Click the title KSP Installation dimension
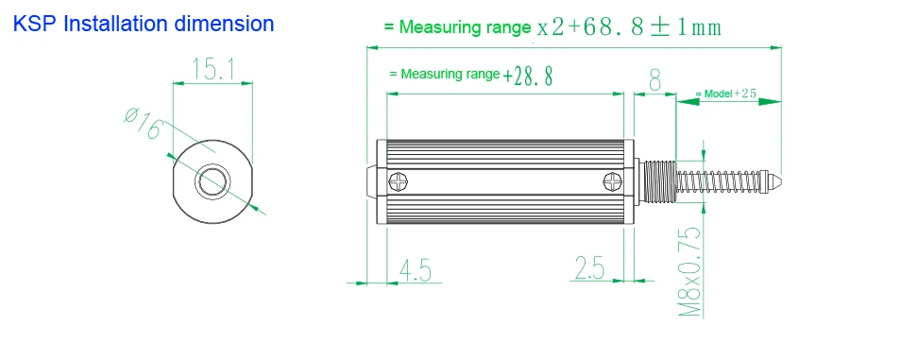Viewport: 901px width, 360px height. (x=143, y=25)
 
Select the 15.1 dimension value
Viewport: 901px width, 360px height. (x=212, y=68)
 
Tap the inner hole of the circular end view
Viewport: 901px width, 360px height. (x=212, y=181)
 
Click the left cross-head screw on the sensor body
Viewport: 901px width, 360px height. (x=399, y=183)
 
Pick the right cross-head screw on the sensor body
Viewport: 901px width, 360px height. (x=613, y=183)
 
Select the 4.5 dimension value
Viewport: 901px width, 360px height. (x=415, y=270)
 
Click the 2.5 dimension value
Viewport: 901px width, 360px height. (x=589, y=268)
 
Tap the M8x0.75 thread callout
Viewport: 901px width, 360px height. (x=689, y=271)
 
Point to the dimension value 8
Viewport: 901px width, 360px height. (x=655, y=80)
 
